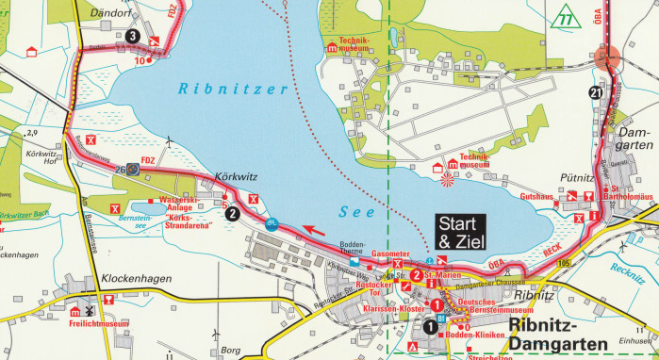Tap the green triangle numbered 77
565,17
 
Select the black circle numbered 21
594,92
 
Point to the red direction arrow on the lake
315,228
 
